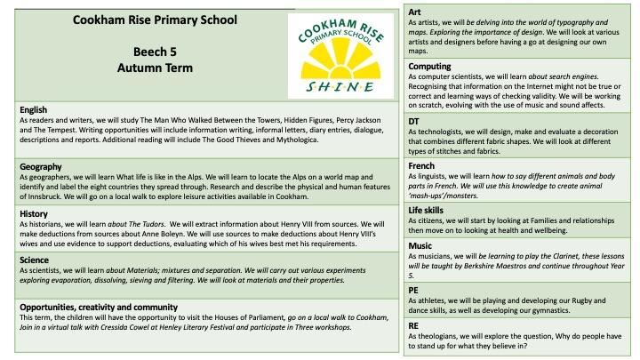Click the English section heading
tap(35, 110)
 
